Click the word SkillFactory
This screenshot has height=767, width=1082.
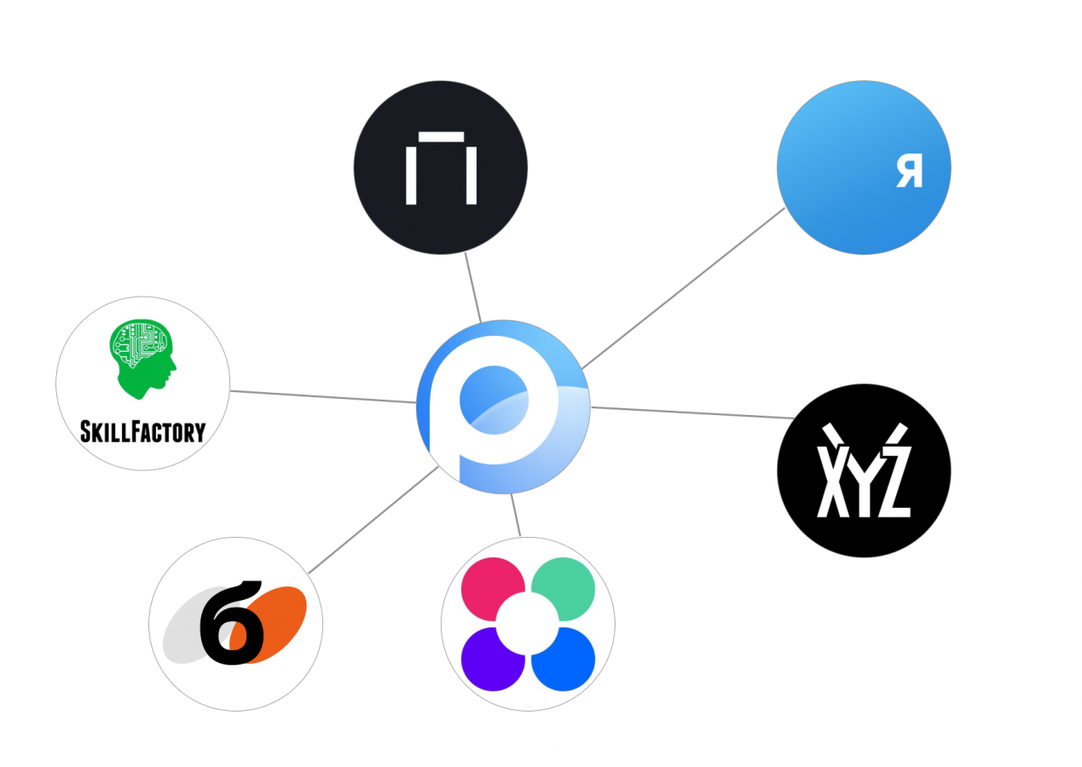tap(142, 431)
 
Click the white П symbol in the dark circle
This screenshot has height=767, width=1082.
tap(440, 168)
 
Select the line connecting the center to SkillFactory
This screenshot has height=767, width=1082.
tap(324, 396)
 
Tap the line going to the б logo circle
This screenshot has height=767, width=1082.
tap(373, 520)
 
